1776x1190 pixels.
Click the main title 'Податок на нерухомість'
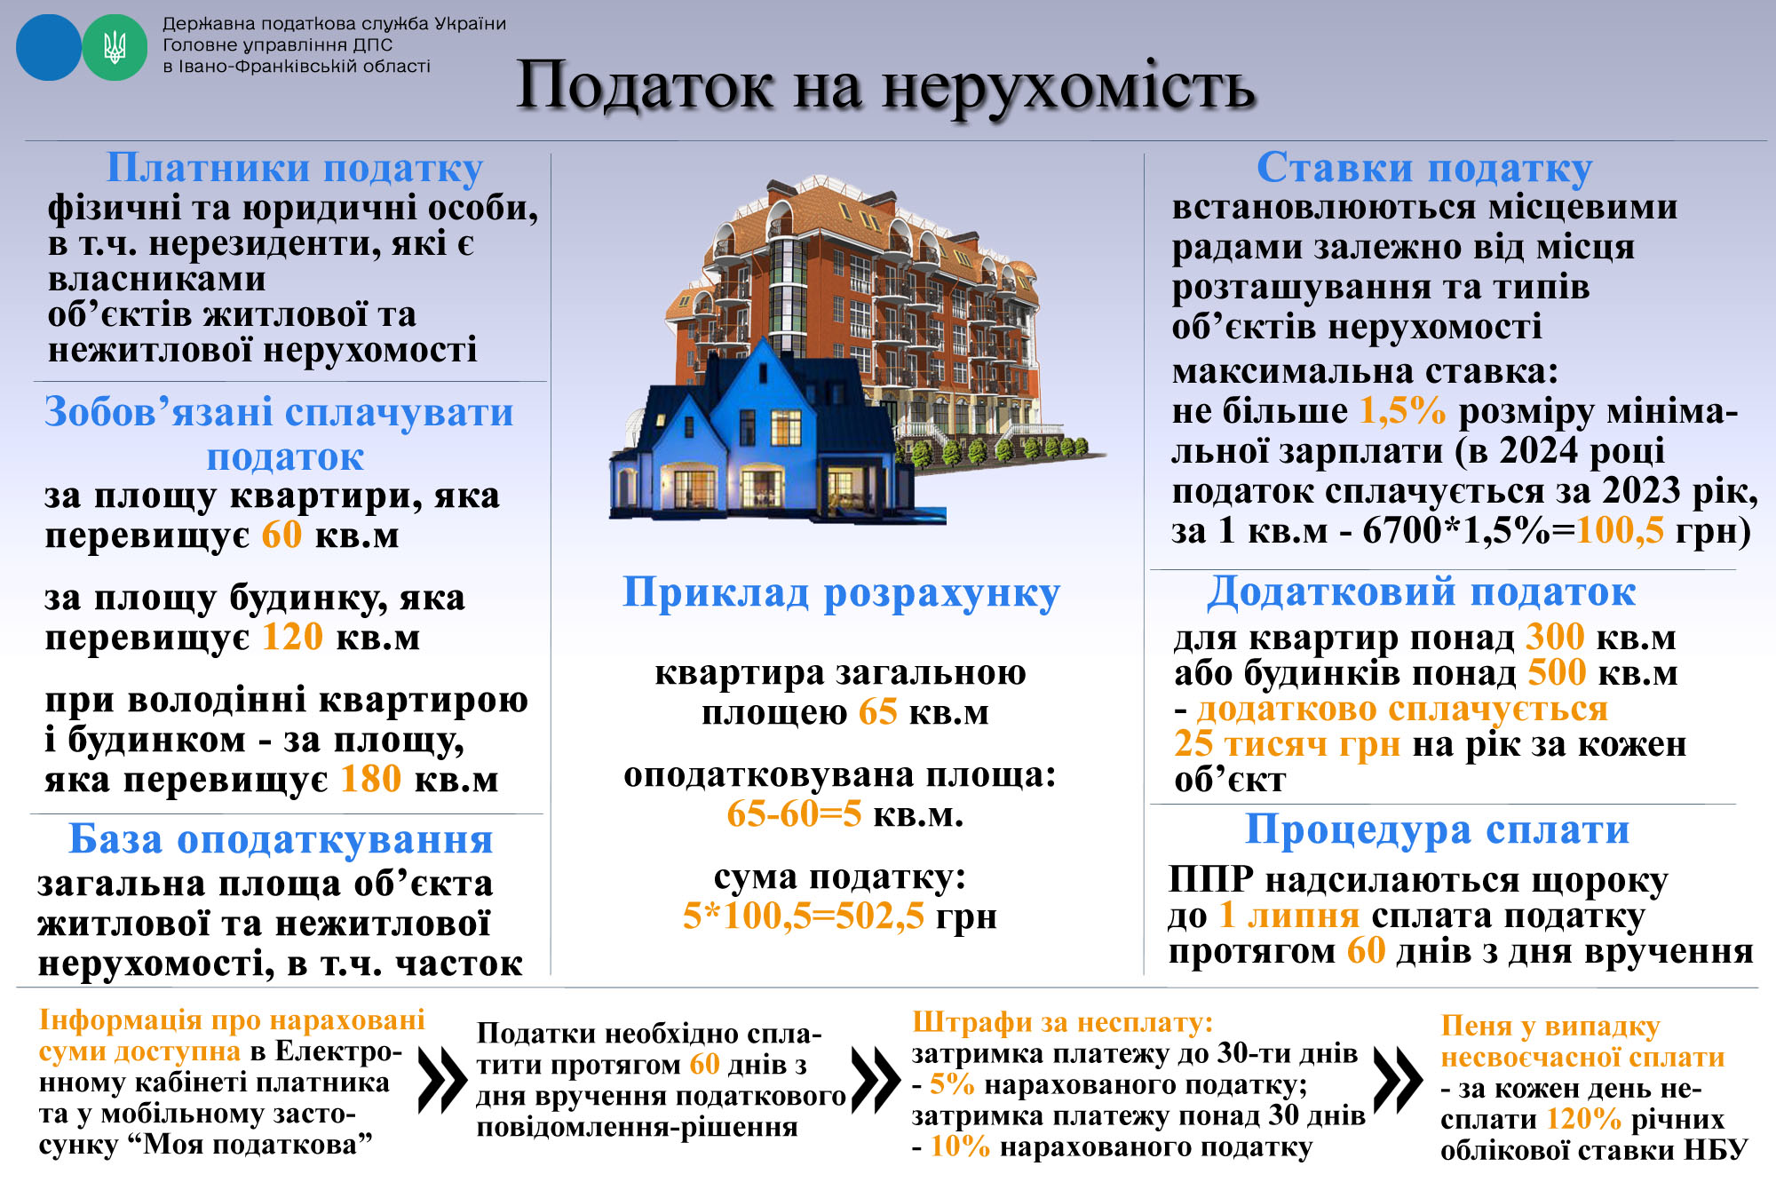click(x=885, y=86)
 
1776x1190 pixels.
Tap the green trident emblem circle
click(x=115, y=48)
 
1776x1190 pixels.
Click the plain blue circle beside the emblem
click(x=48, y=48)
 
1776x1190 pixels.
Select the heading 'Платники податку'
click(x=295, y=168)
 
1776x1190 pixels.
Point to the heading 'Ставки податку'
click(x=1424, y=168)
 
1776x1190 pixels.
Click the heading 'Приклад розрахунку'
click(x=841, y=593)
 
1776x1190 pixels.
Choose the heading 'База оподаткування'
click(x=281, y=839)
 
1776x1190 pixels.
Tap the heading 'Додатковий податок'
click(x=1421, y=592)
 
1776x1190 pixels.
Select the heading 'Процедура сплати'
click(x=1437, y=830)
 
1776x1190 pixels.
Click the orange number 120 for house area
click(x=292, y=638)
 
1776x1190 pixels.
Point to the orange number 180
click(x=371, y=780)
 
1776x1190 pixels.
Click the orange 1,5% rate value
click(x=1403, y=411)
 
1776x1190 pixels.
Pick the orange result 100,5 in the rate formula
click(x=1620, y=531)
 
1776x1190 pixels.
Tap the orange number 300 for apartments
click(x=1555, y=638)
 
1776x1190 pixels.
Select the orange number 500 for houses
click(x=1557, y=673)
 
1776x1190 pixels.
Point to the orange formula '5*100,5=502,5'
click(x=804, y=916)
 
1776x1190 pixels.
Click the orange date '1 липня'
click(x=1289, y=916)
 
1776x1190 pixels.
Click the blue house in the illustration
click(x=755, y=435)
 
